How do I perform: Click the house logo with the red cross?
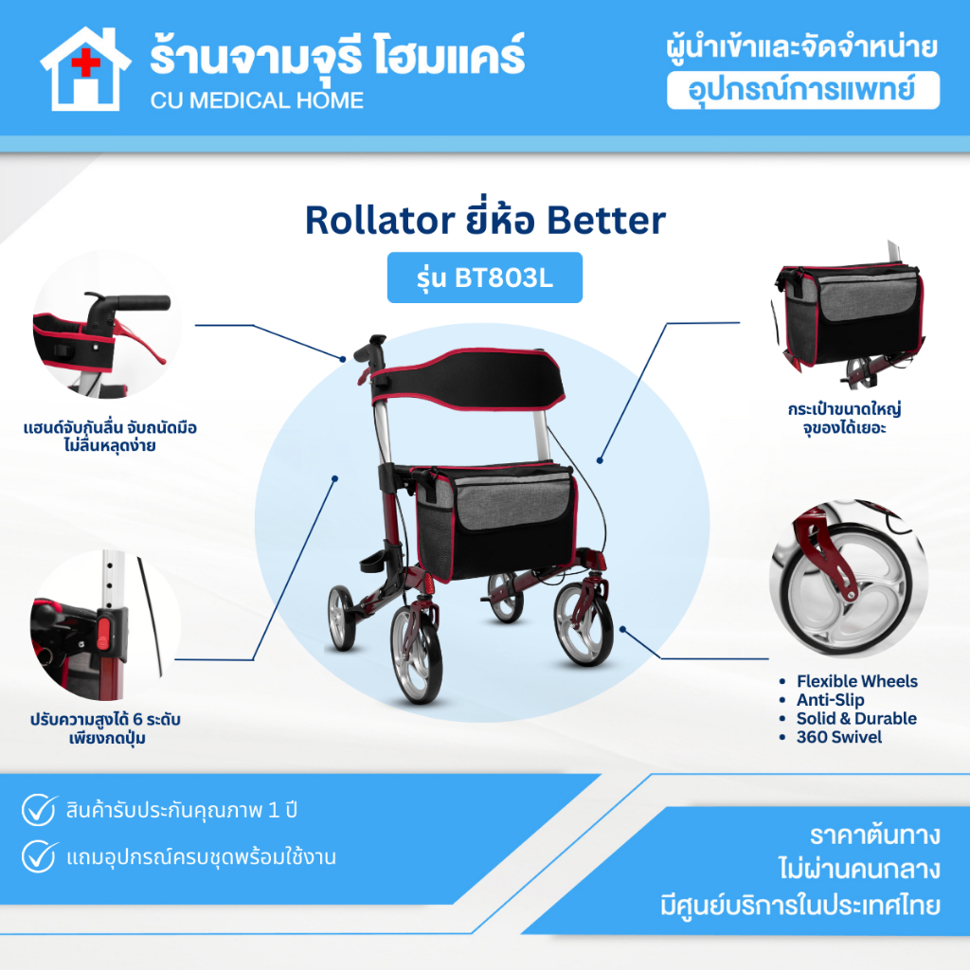[x=85, y=68]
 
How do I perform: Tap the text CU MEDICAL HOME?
[x=257, y=100]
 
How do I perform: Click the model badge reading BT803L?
[x=484, y=278]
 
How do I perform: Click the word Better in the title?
[x=606, y=220]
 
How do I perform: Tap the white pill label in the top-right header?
[x=803, y=90]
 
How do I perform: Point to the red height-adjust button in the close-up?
[x=102, y=630]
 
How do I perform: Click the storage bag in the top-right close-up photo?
[x=849, y=315]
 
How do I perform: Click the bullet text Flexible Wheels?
[x=856, y=681]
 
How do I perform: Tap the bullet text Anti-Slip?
[x=830, y=700]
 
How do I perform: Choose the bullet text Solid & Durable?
[x=856, y=718]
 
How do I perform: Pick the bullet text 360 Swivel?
[x=839, y=737]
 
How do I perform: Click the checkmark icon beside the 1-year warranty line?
[x=39, y=810]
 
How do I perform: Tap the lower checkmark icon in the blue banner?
[x=39, y=856]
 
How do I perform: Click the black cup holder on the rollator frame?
[x=371, y=562]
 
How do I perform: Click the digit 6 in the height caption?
[x=138, y=720]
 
